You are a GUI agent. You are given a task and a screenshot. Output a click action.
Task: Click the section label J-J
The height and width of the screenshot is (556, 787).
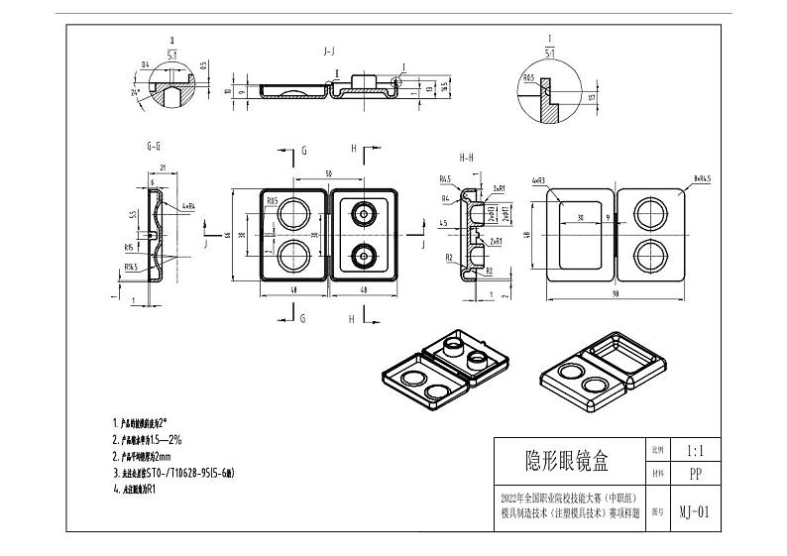click(x=327, y=49)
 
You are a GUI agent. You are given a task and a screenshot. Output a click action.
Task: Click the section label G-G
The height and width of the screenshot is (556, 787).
click(x=154, y=147)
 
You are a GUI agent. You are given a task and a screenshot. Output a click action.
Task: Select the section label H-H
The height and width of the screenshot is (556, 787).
click(x=466, y=157)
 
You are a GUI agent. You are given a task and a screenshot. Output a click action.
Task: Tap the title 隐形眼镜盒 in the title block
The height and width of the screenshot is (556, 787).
click(x=567, y=461)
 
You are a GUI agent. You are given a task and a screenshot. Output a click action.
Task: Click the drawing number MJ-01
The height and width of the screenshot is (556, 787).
click(x=693, y=512)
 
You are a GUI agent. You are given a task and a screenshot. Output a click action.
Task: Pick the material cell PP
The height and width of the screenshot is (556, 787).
click(x=693, y=474)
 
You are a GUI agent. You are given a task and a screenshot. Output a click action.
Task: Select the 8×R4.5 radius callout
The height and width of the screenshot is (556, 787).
click(x=703, y=178)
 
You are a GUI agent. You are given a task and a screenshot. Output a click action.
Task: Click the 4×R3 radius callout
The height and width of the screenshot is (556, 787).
click(x=539, y=180)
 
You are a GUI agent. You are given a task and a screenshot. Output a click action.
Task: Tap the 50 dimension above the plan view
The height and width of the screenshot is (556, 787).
click(x=327, y=174)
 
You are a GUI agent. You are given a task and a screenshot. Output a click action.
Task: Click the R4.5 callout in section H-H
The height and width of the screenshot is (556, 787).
click(x=445, y=179)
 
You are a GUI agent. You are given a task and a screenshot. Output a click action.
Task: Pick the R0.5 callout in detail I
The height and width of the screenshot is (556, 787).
click(x=528, y=76)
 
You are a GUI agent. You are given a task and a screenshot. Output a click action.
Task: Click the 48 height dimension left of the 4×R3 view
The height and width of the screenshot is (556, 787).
click(x=526, y=236)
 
